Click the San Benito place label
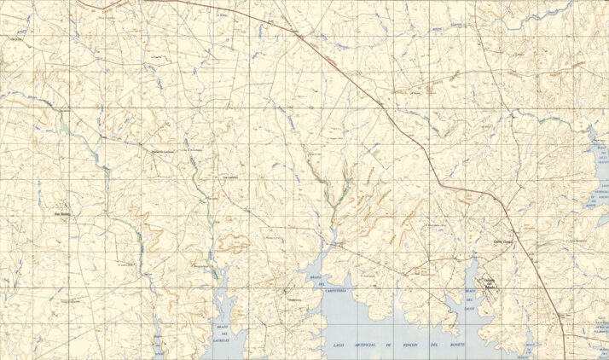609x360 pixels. [62, 214]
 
